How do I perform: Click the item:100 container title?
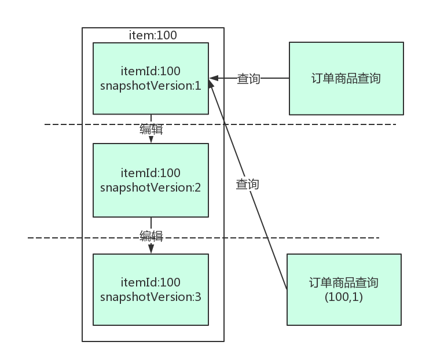tap(152, 35)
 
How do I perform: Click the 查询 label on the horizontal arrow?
tap(248, 79)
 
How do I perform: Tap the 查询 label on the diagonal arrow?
tap(247, 184)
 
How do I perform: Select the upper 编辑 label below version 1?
tap(151, 129)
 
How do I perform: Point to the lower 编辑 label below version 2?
tap(151, 236)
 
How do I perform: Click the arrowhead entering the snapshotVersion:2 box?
tap(151, 139)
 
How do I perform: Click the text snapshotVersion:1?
tap(151, 86)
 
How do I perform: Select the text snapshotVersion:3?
tap(151, 297)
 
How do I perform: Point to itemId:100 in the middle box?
tap(151, 172)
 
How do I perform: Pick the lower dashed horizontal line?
tap(69, 237)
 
